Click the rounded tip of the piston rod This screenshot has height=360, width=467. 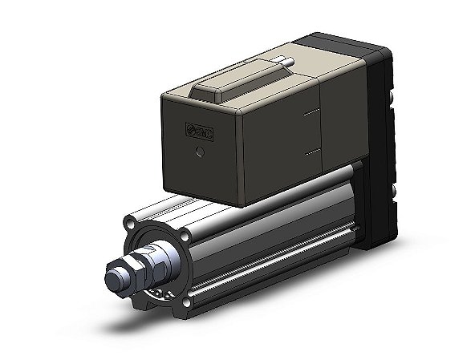pos(113,280)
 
